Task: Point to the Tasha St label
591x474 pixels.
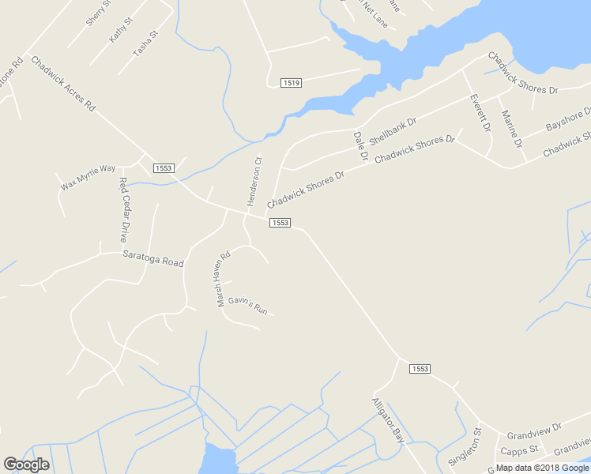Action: (145, 44)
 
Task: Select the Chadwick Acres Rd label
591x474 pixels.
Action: (63, 83)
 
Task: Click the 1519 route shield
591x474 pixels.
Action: (292, 82)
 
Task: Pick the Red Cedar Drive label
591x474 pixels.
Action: (123, 209)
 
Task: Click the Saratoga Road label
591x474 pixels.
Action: (152, 258)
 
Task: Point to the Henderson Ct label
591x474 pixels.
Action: (254, 181)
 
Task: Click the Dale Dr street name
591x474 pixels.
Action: (360, 147)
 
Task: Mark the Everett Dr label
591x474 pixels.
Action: (480, 113)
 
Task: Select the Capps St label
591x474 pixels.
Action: (520, 450)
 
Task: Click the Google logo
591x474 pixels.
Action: (27, 465)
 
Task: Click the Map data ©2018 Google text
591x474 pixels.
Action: (542, 468)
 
